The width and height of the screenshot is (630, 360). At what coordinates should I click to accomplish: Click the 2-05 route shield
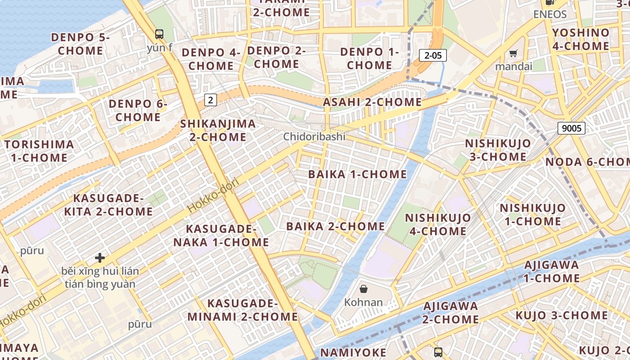pos(433,55)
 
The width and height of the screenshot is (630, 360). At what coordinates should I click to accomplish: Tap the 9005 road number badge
pos(571,128)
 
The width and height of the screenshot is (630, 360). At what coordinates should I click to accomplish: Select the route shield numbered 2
pos(210,100)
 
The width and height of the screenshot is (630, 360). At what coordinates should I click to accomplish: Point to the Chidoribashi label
pos(314,136)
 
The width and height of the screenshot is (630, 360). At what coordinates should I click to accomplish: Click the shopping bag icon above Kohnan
pos(364,289)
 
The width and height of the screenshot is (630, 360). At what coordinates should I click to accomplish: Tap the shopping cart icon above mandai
pos(513,54)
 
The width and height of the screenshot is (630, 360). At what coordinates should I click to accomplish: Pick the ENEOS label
pos(549,14)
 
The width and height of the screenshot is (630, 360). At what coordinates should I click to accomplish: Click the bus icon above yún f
pos(159,34)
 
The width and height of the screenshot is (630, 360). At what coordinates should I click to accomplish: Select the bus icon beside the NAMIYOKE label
pos(438,352)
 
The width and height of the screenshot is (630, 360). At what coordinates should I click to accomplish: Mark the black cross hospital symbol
pos(100,258)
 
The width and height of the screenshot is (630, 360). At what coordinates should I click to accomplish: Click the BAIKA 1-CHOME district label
pos(357,174)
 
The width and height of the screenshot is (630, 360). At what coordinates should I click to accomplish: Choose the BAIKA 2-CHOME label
pos(336,226)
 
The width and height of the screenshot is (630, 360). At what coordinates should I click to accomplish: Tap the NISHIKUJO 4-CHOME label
pos(437,224)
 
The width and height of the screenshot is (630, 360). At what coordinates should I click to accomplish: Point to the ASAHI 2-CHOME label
pos(373,102)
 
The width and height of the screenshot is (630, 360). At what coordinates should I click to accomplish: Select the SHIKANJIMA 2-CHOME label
pos(218,130)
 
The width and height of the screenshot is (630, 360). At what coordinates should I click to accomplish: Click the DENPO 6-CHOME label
pos(138,111)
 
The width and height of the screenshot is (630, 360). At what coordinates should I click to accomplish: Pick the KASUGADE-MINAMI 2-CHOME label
pos(243,310)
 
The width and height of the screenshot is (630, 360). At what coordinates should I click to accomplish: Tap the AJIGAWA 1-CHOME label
pos(551,271)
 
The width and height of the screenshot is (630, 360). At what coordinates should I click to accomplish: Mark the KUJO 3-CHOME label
pos(562,315)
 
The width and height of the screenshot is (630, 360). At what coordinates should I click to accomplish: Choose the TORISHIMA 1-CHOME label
pos(39,151)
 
